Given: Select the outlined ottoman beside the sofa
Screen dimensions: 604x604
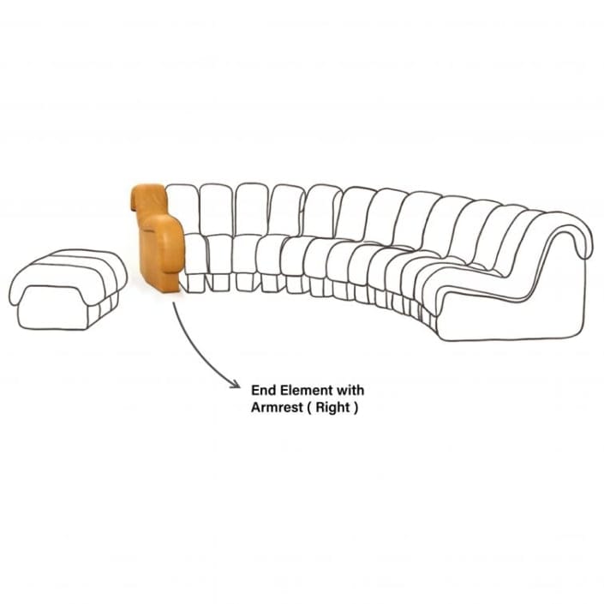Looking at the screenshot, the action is (x=69, y=290).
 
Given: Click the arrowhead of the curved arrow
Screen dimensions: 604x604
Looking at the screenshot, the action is (x=236, y=384).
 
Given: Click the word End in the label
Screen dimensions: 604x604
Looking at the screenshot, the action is (x=264, y=390).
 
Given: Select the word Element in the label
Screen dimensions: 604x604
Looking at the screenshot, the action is (x=307, y=390).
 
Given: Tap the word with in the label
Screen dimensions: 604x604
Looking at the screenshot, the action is (x=350, y=390).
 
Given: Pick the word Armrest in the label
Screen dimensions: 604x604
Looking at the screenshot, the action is (x=277, y=407).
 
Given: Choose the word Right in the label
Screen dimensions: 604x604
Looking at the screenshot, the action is (x=332, y=408).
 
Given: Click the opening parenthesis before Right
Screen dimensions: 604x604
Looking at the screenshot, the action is (x=309, y=408).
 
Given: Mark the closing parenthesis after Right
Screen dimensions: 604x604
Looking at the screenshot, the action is (x=356, y=408).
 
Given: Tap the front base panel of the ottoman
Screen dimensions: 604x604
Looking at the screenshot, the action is (x=53, y=308).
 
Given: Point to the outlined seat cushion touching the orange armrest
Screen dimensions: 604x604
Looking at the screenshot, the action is (x=195, y=254).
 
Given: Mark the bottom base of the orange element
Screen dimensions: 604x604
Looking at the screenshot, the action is (x=161, y=283).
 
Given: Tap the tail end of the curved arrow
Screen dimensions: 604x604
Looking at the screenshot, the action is (x=174, y=302).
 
